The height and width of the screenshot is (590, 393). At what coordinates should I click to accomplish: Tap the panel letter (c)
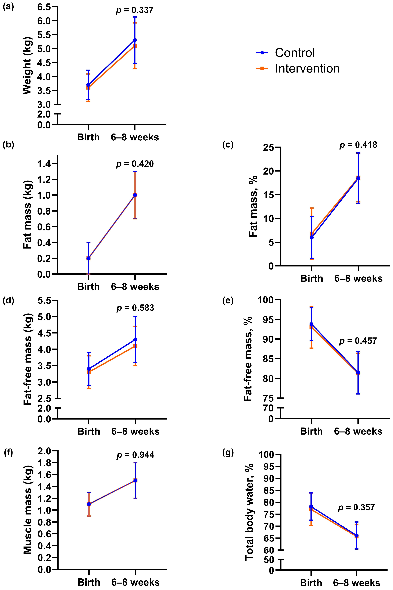[228, 145]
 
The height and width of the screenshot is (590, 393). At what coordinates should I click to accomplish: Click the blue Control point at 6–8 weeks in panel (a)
[135, 40]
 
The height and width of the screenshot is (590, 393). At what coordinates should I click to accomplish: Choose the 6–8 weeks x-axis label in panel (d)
[135, 431]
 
